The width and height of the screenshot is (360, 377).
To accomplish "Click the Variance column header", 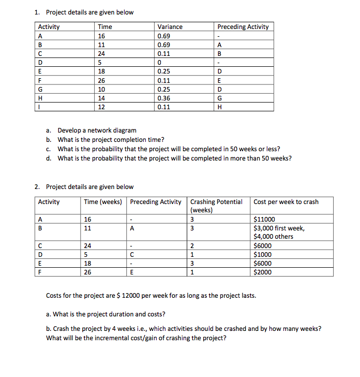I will pyautogui.click(x=170, y=27).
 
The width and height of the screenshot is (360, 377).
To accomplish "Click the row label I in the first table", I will pyautogui.click(x=39, y=107).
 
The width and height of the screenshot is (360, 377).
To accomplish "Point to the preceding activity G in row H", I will pyautogui.click(x=219, y=98).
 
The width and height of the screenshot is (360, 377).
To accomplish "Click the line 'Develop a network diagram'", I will pyautogui.click(x=97, y=130).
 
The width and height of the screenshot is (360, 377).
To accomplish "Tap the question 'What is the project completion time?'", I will pyautogui.click(x=111, y=140).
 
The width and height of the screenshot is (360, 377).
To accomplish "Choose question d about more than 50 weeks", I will pyautogui.click(x=174, y=158).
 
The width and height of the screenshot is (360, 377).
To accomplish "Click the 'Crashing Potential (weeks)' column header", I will pyautogui.click(x=216, y=206).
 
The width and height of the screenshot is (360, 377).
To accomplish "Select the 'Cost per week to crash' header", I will pyautogui.click(x=286, y=202).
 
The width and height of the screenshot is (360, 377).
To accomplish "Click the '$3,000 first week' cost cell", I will pyautogui.click(x=279, y=228).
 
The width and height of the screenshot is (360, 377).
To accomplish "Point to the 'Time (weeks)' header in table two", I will pyautogui.click(x=103, y=202).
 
